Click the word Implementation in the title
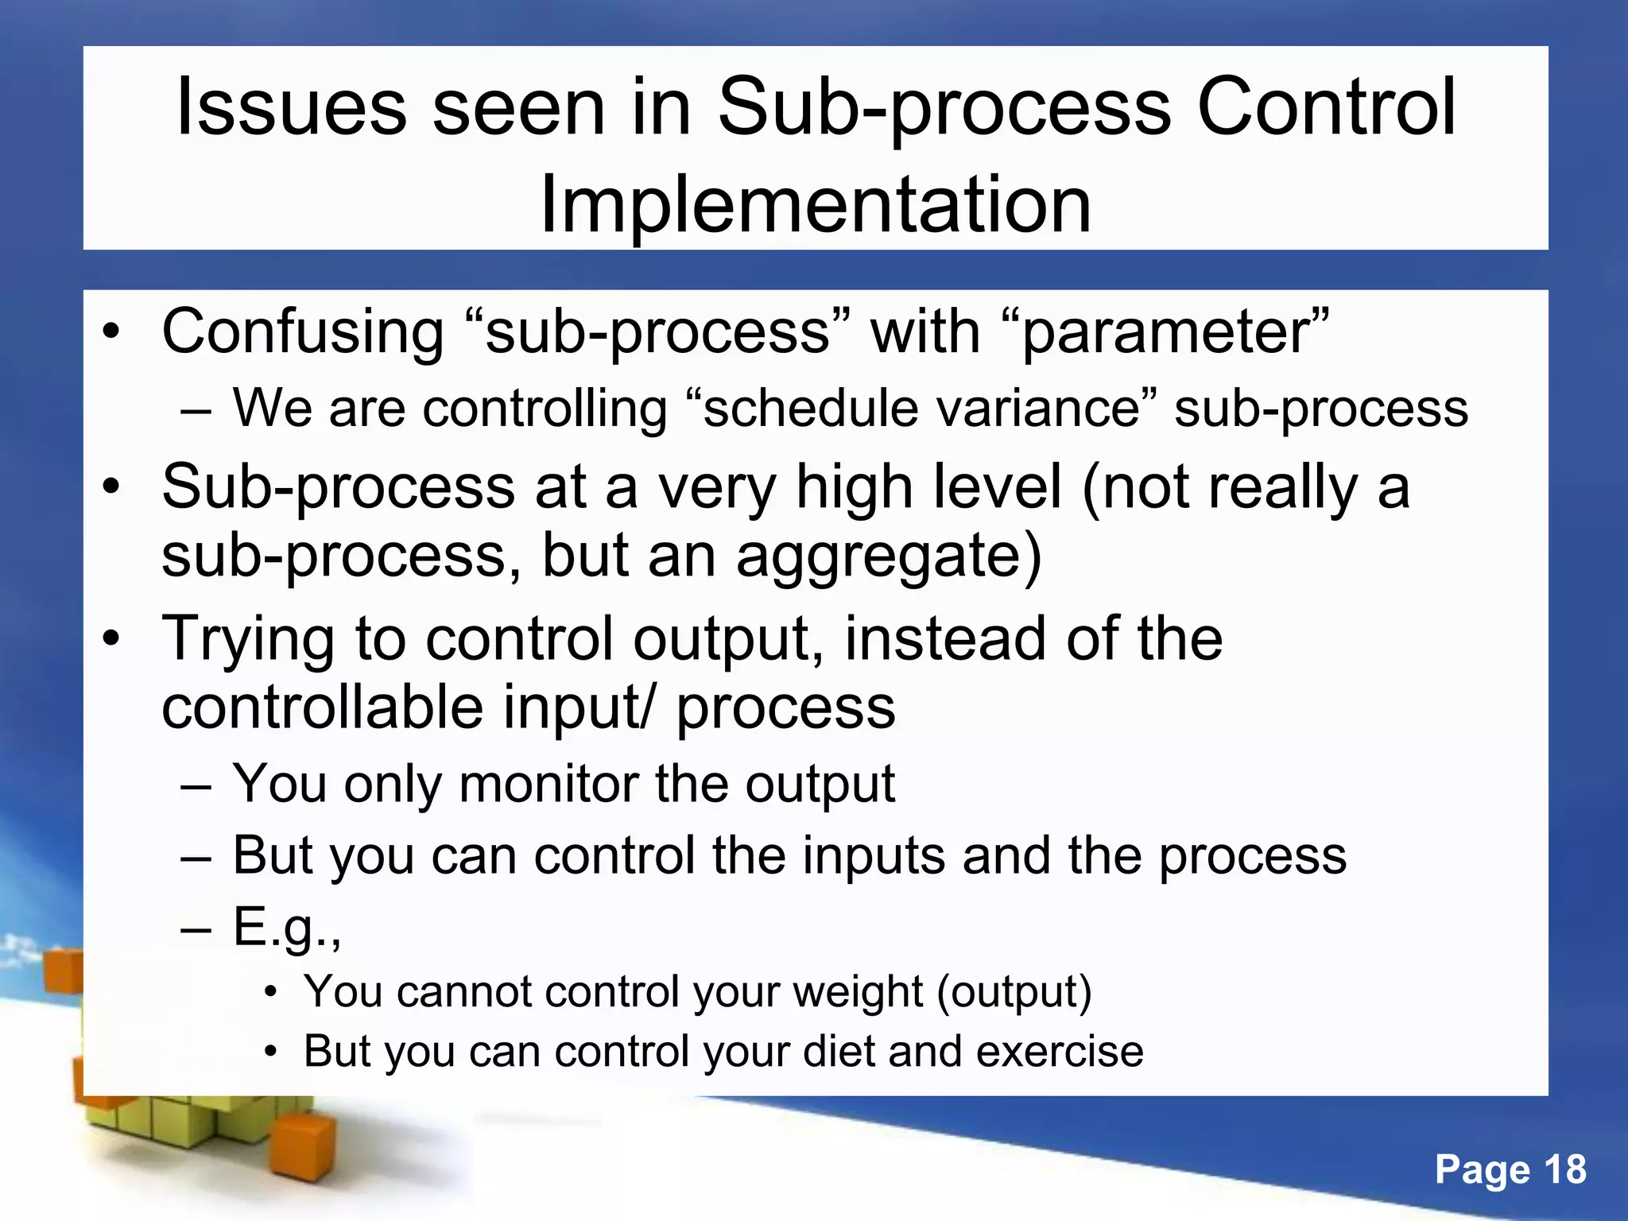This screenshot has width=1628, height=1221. (815, 206)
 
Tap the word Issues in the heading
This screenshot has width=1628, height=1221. (291, 107)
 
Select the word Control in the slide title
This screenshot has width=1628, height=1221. (1326, 107)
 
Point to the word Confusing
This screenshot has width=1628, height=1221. (303, 331)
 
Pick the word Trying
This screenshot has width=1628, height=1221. (248, 639)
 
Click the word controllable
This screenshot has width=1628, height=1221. (322, 707)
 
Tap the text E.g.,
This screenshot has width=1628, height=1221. (287, 927)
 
